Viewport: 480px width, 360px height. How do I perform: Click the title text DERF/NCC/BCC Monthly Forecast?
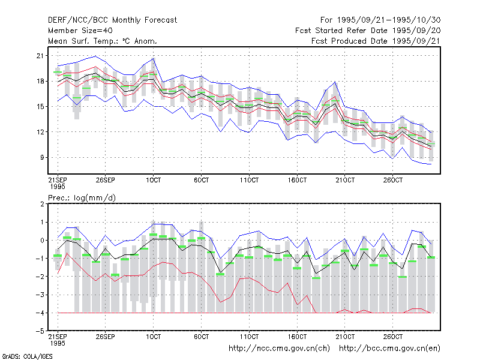click(112, 20)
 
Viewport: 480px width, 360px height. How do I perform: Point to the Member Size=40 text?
click(80, 31)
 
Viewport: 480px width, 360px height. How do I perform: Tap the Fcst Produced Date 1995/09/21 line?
click(376, 41)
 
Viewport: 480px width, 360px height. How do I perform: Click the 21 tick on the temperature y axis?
click(40, 56)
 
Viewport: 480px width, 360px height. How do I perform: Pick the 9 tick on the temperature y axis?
click(42, 157)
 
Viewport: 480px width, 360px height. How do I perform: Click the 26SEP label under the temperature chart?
click(106, 180)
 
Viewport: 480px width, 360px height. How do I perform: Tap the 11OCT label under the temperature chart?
click(249, 180)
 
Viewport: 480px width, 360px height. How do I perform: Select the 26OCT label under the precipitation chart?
click(393, 337)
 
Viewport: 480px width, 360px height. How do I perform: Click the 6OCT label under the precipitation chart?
click(201, 337)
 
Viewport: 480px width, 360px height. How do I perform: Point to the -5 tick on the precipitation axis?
click(40, 331)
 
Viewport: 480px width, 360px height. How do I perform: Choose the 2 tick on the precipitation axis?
click(42, 204)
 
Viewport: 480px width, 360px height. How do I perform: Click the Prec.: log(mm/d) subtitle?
click(82, 198)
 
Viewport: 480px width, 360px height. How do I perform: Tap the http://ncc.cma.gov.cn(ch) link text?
click(279, 349)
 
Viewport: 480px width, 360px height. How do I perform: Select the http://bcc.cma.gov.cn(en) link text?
click(389, 349)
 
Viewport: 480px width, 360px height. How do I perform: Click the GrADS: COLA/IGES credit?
click(28, 356)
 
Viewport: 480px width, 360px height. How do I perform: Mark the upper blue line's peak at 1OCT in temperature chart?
click(154, 58)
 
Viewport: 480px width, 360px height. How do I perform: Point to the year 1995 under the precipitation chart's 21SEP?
click(58, 343)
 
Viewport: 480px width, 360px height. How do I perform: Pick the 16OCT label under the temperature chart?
click(297, 180)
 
